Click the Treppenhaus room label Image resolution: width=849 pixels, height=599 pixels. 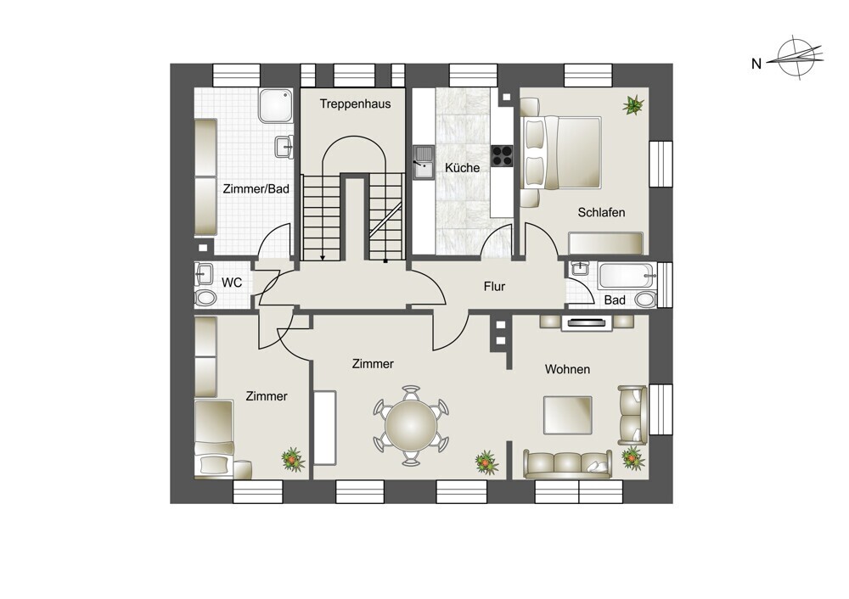(x=355, y=104)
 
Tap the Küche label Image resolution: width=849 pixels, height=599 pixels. (x=463, y=168)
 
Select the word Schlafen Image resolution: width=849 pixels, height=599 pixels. (x=601, y=212)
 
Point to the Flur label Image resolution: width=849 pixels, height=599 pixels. (x=494, y=286)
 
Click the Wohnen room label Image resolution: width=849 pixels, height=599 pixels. (x=567, y=369)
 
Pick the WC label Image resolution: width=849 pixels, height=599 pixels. (x=232, y=283)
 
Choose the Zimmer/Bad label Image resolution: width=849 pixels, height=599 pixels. (x=256, y=189)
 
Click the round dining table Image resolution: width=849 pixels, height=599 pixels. (x=411, y=426)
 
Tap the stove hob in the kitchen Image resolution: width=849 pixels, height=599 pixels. (x=502, y=156)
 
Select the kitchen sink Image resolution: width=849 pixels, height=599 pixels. (x=423, y=162)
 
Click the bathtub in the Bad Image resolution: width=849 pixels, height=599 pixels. (x=626, y=276)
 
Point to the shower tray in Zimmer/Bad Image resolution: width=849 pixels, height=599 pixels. (x=276, y=105)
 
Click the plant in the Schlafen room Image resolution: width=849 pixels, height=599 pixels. (x=633, y=104)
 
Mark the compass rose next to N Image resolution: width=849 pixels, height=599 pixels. (x=799, y=58)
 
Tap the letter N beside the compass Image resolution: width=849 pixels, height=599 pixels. (x=756, y=64)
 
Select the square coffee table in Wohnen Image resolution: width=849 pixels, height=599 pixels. (x=567, y=415)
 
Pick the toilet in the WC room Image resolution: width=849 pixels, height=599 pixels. (x=205, y=298)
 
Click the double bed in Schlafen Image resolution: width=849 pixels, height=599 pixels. (x=561, y=153)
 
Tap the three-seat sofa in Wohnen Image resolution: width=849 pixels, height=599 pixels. (x=567, y=465)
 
